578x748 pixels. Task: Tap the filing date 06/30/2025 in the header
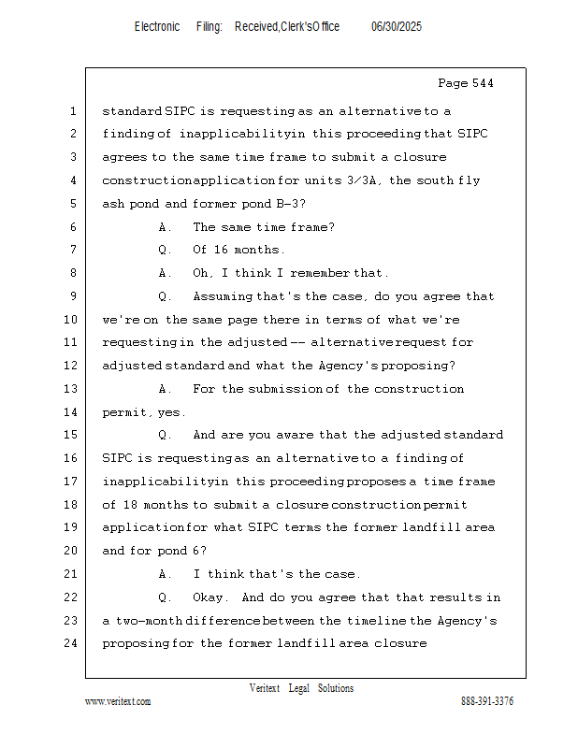pos(397,26)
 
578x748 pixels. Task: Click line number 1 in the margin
pos(72,111)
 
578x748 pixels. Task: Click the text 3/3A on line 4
pos(367,180)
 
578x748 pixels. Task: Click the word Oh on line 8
pos(200,273)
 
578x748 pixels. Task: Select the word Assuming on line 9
pos(223,296)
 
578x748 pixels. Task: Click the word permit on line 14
pos(125,411)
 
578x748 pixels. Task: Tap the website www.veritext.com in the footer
pos(118,701)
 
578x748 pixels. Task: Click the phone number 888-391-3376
pos(486,701)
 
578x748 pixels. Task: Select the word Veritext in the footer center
pos(264,688)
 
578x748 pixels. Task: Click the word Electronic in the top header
pos(156,26)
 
